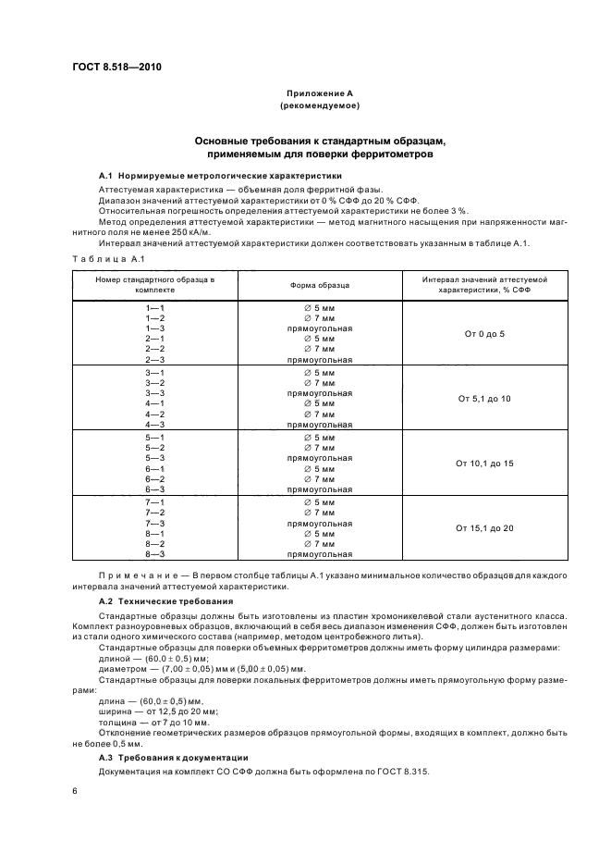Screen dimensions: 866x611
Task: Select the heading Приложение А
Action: (319, 94)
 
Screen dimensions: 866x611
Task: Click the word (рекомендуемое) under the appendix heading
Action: (319, 106)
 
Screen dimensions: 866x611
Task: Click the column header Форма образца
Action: (319, 285)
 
